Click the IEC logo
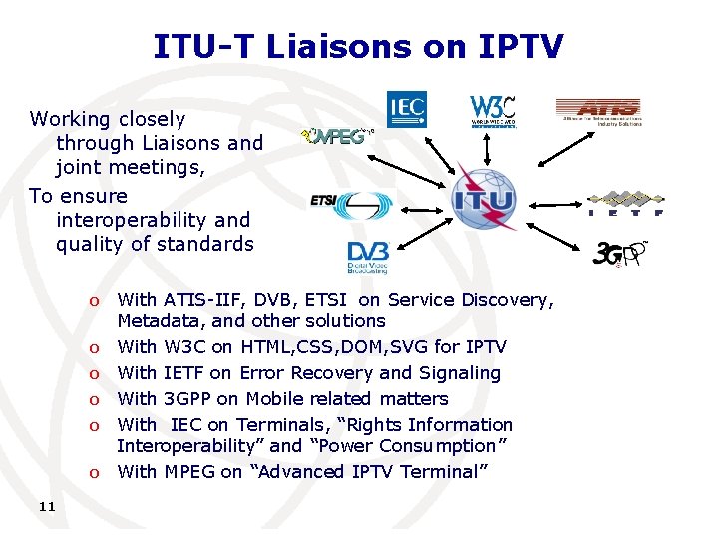click(x=406, y=109)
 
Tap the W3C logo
click(x=493, y=111)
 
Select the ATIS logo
click(x=597, y=110)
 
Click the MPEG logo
click(x=336, y=137)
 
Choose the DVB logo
click(x=367, y=257)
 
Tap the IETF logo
click(x=627, y=203)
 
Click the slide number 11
click(x=46, y=507)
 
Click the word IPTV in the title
click(x=515, y=46)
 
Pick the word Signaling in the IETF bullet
click(x=459, y=373)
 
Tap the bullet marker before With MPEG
click(x=93, y=473)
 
